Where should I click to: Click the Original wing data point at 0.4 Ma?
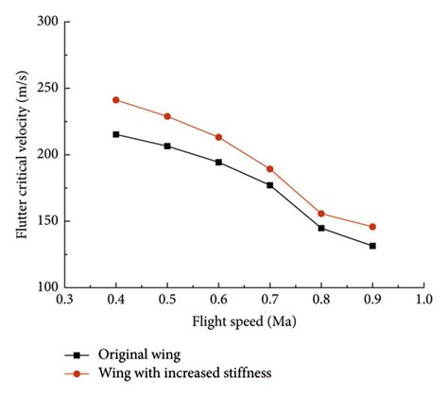pyautogui.click(x=116, y=134)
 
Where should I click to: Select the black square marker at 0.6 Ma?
pyautogui.click(x=218, y=163)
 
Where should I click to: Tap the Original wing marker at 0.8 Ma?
pyautogui.click(x=321, y=228)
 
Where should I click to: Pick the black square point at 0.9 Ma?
pyautogui.click(x=372, y=246)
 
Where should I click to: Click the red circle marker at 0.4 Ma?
pyautogui.click(x=116, y=100)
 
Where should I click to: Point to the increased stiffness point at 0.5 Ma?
pyautogui.click(x=167, y=116)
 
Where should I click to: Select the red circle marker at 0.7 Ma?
pyautogui.click(x=270, y=169)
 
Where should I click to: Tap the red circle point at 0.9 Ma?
pyautogui.click(x=372, y=227)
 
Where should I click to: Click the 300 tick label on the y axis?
pyautogui.click(x=44, y=22)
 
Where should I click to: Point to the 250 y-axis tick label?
pyautogui.click(x=44, y=88)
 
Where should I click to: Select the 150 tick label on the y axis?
pyautogui.click(x=44, y=221)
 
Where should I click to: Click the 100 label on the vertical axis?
pyautogui.click(x=44, y=287)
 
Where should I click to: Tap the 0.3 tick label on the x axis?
pyautogui.click(x=65, y=301)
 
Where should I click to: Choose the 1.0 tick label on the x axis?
pyautogui.click(x=423, y=301)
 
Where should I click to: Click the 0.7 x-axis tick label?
pyautogui.click(x=270, y=301)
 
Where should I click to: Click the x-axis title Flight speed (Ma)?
pyautogui.click(x=243, y=320)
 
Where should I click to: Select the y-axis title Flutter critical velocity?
pyautogui.click(x=21, y=154)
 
